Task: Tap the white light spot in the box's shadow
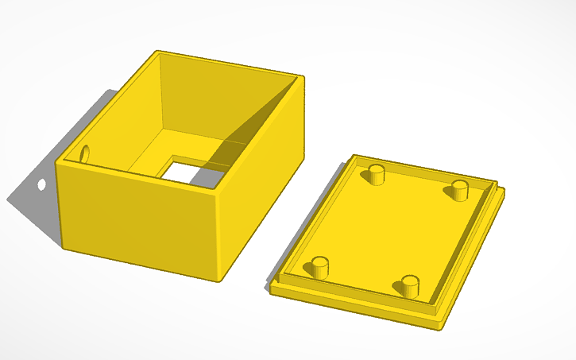click(x=42, y=185)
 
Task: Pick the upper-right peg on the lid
click(x=458, y=190)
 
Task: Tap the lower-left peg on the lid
click(x=320, y=266)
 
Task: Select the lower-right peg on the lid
click(x=409, y=285)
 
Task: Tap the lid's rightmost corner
click(x=504, y=191)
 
